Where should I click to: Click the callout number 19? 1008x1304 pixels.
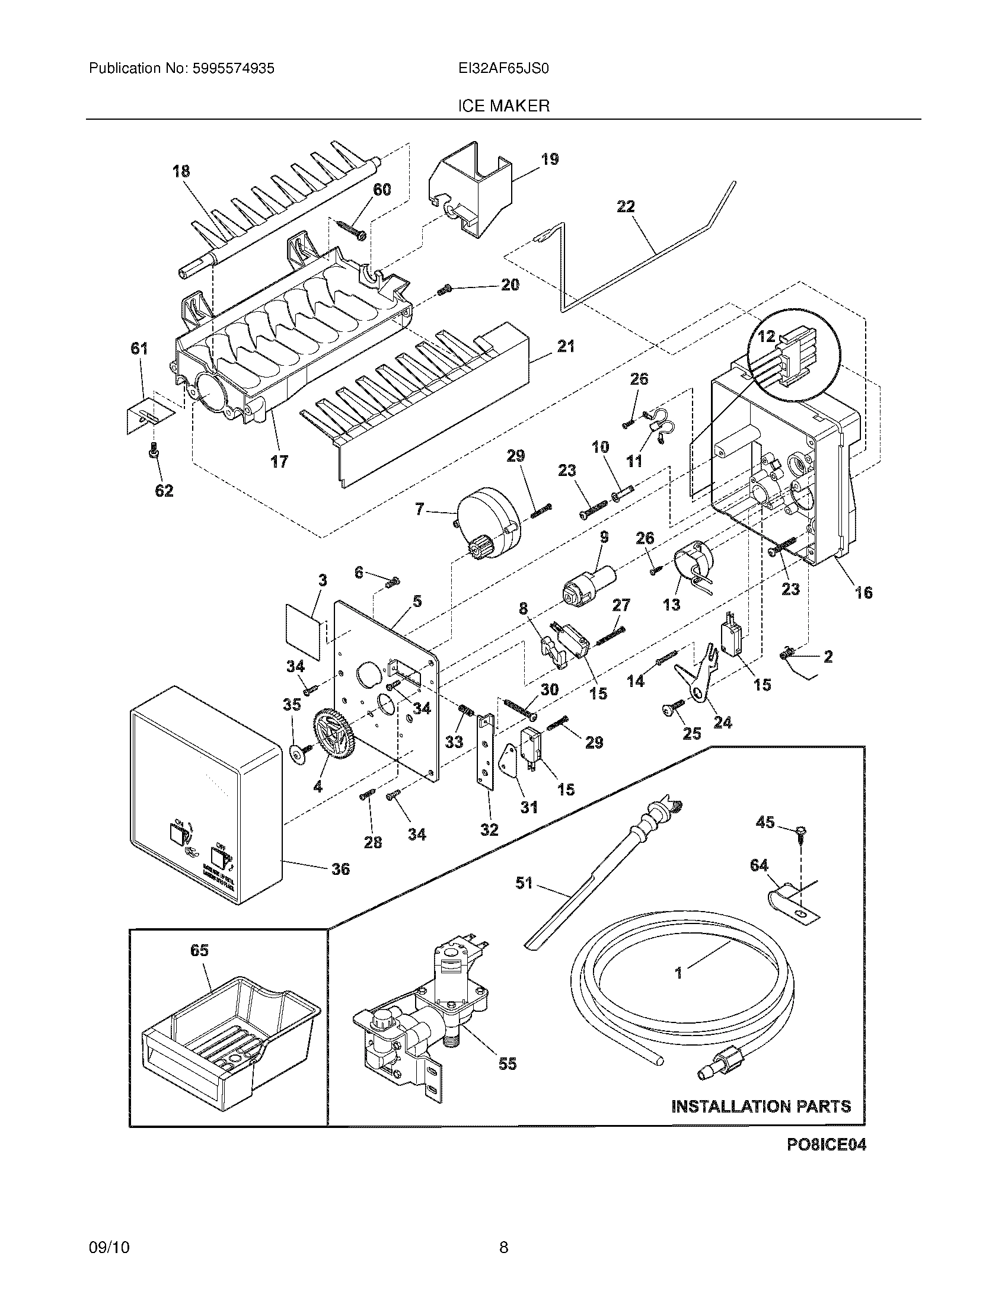point(550,159)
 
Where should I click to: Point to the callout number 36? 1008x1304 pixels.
point(340,869)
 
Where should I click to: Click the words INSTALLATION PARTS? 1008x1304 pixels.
point(761,1107)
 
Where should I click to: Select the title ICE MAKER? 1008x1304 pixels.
point(503,106)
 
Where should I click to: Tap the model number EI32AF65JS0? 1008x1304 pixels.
point(503,69)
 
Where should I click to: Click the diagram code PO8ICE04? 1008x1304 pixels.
point(826,1144)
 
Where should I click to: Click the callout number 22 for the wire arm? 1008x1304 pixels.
point(626,207)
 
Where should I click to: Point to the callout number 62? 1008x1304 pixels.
point(164,491)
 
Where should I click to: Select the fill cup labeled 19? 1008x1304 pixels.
point(472,191)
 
